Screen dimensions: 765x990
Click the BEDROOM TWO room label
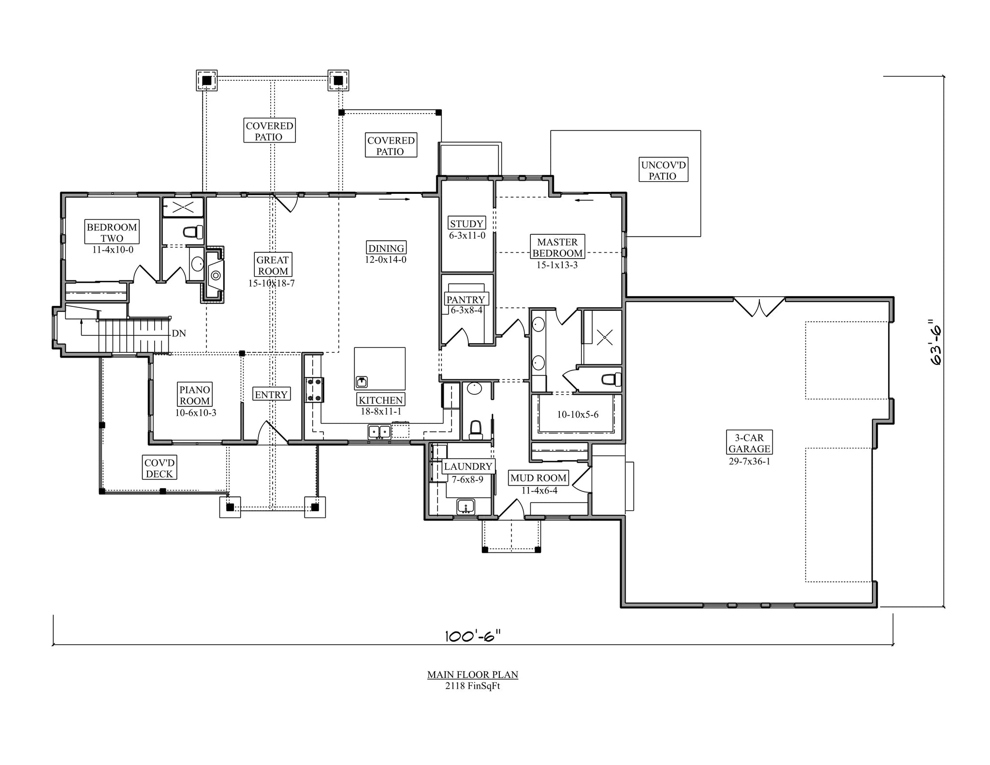tap(112, 232)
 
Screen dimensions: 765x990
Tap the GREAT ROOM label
tap(273, 265)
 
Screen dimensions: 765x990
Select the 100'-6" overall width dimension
tap(472, 636)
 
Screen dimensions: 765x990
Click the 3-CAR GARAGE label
tap(749, 443)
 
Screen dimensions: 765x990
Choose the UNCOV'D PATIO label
tap(663, 170)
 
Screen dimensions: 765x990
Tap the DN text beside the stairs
tap(179, 333)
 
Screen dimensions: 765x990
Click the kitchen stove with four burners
tap(314, 390)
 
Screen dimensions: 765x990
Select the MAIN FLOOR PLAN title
tap(472, 675)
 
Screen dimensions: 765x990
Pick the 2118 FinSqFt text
tap(472, 686)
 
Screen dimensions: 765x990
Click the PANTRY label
tap(466, 300)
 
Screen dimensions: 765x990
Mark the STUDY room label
tap(466, 224)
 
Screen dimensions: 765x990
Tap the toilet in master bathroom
tap(612, 379)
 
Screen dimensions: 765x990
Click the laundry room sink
tap(466, 507)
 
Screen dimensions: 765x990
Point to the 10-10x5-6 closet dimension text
tap(578, 414)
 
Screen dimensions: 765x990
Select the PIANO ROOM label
tap(195, 395)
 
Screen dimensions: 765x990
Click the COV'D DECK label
tap(159, 468)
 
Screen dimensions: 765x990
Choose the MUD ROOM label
tap(538, 478)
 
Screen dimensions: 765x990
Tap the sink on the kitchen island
tap(361, 382)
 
